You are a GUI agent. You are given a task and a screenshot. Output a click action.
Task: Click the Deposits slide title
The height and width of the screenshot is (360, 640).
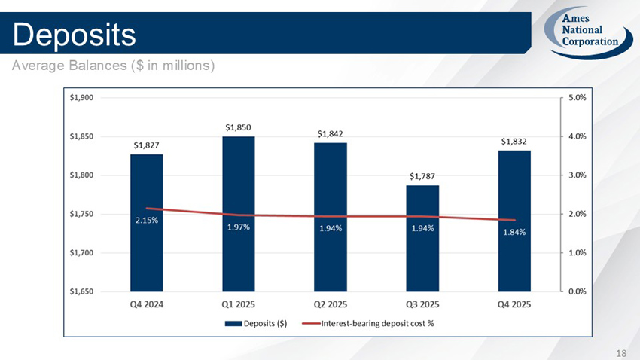click(x=73, y=33)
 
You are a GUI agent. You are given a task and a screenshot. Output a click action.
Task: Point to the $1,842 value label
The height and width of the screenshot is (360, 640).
click(x=331, y=133)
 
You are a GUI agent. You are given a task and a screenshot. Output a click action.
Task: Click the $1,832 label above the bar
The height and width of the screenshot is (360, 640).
click(x=514, y=141)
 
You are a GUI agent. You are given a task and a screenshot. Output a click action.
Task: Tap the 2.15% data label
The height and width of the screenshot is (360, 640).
click(x=146, y=221)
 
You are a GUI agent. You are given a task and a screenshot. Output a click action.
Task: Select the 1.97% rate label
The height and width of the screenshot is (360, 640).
click(x=238, y=227)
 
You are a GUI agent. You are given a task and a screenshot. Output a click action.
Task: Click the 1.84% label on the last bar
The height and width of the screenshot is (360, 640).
click(x=514, y=232)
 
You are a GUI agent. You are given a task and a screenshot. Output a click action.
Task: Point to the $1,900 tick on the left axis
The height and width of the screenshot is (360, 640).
click(x=81, y=97)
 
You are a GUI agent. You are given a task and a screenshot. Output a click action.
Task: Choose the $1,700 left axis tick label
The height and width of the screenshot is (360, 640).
click(x=81, y=252)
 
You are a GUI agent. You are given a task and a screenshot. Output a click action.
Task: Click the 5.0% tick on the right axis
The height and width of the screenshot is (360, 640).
click(x=578, y=97)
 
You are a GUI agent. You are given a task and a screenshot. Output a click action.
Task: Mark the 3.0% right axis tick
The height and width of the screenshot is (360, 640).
click(x=578, y=175)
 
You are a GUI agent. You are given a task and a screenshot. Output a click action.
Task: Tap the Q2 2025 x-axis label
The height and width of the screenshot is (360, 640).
click(x=331, y=304)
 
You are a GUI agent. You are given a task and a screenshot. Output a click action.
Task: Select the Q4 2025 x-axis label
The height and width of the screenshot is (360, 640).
click(x=514, y=304)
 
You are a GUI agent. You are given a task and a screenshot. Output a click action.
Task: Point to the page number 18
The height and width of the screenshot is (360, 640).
click(x=621, y=352)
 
